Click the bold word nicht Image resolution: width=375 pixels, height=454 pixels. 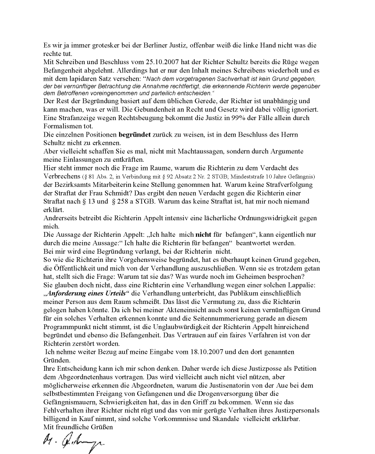pos(204,235)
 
